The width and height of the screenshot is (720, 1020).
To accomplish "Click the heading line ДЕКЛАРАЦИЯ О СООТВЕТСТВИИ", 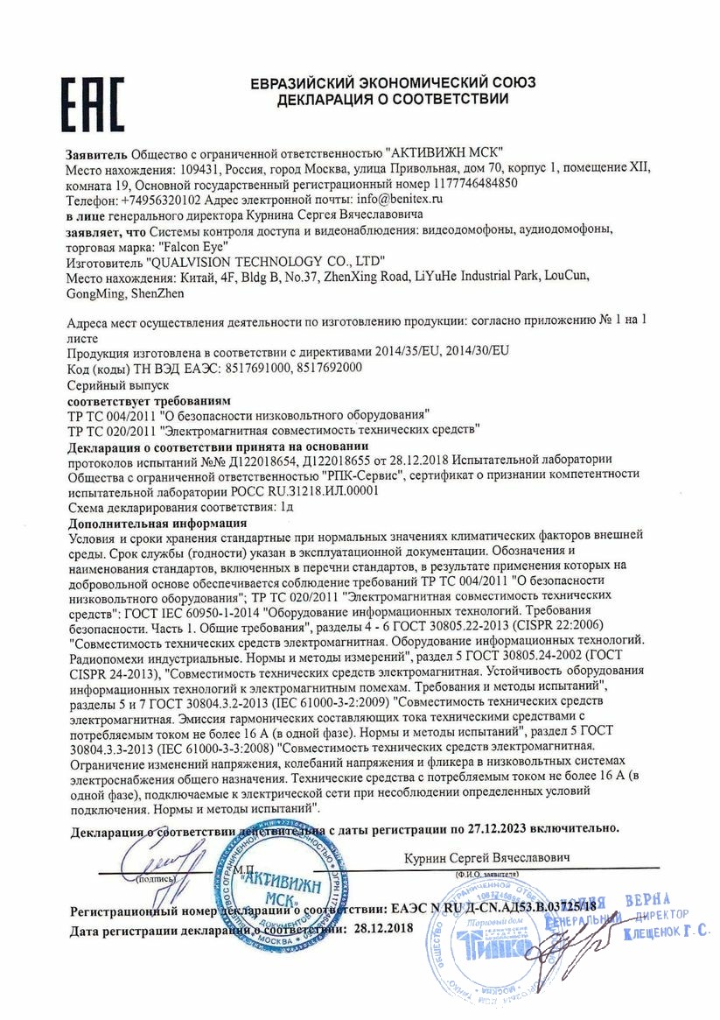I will point(393,100).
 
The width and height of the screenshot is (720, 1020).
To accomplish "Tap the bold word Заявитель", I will point(95,152).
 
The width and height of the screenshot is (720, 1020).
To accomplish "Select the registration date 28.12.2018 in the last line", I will point(381,927).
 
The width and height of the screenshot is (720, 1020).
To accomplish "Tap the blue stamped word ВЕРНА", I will point(647,900).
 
